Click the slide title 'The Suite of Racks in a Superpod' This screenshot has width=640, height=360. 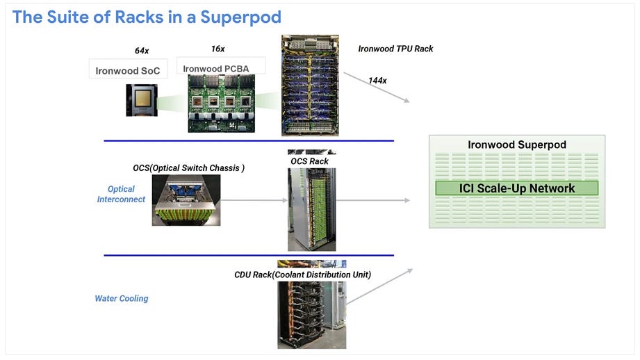pyautogui.click(x=147, y=17)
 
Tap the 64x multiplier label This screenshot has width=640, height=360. pyautogui.click(x=142, y=51)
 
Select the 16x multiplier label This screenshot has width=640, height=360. pyautogui.click(x=218, y=49)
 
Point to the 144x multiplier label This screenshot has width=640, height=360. pyautogui.click(x=377, y=81)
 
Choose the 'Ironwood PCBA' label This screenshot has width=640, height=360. pyautogui.click(x=216, y=69)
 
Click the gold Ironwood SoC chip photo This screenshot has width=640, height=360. pyautogui.click(x=142, y=100)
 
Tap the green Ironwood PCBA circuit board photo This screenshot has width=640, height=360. pyautogui.click(x=221, y=104)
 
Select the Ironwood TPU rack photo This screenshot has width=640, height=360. pyautogui.click(x=310, y=85)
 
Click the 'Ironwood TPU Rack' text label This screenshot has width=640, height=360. pyautogui.click(x=395, y=49)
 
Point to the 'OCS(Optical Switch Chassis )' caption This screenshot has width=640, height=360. pyautogui.click(x=188, y=168)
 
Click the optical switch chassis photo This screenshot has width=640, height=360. pyautogui.click(x=186, y=200)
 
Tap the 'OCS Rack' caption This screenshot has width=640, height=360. pyautogui.click(x=309, y=161)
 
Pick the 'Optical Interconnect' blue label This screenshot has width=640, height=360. pyautogui.click(x=121, y=195)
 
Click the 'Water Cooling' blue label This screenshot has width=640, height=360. pyautogui.click(x=122, y=298)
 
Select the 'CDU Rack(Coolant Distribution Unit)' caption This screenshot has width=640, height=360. pyautogui.click(x=302, y=275)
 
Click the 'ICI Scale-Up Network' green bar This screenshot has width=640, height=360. pyautogui.click(x=517, y=188)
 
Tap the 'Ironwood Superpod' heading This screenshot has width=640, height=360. pyautogui.click(x=517, y=145)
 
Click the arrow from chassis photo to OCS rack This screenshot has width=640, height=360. pyautogui.click(x=254, y=200)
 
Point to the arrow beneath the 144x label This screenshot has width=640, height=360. pyautogui.click(x=377, y=88)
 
